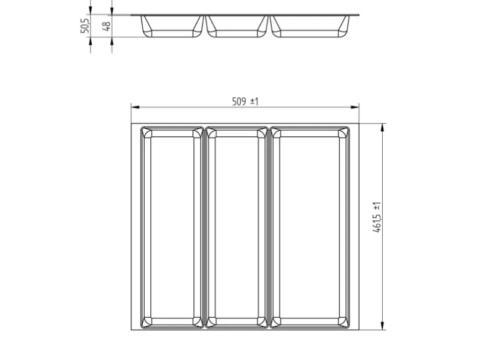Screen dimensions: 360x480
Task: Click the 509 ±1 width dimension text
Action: click(245, 102)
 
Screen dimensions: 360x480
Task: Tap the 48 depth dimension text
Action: click(106, 26)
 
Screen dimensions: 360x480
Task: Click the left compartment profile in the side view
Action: click(172, 26)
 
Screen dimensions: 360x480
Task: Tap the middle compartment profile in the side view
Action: click(237, 26)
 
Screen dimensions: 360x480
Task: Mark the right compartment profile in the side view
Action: click(310, 26)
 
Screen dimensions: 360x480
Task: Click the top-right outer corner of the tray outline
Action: click(360, 123)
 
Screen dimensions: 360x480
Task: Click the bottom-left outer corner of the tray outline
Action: click(132, 330)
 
